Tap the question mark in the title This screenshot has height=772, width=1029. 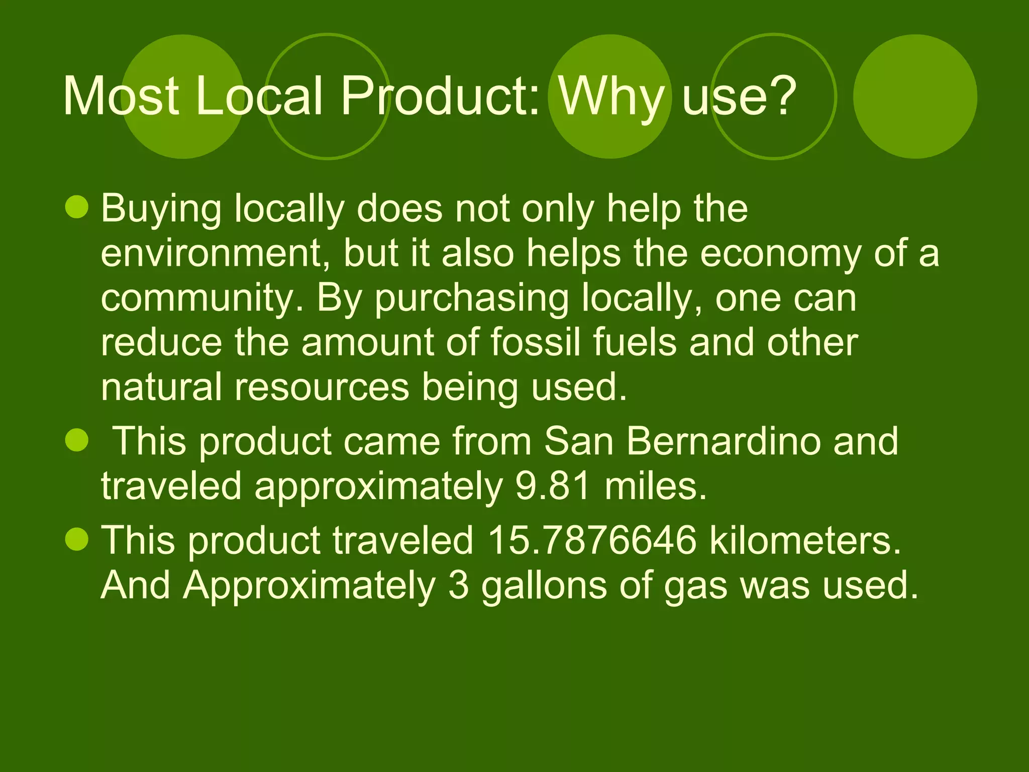(779, 96)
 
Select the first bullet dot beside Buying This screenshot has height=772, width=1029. (77, 208)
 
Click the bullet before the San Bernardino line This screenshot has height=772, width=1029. (77, 440)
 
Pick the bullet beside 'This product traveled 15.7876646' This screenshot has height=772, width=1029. (77, 539)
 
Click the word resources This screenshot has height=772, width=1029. (322, 387)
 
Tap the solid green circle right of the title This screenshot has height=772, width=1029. (915, 96)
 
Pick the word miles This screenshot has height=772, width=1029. (656, 486)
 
